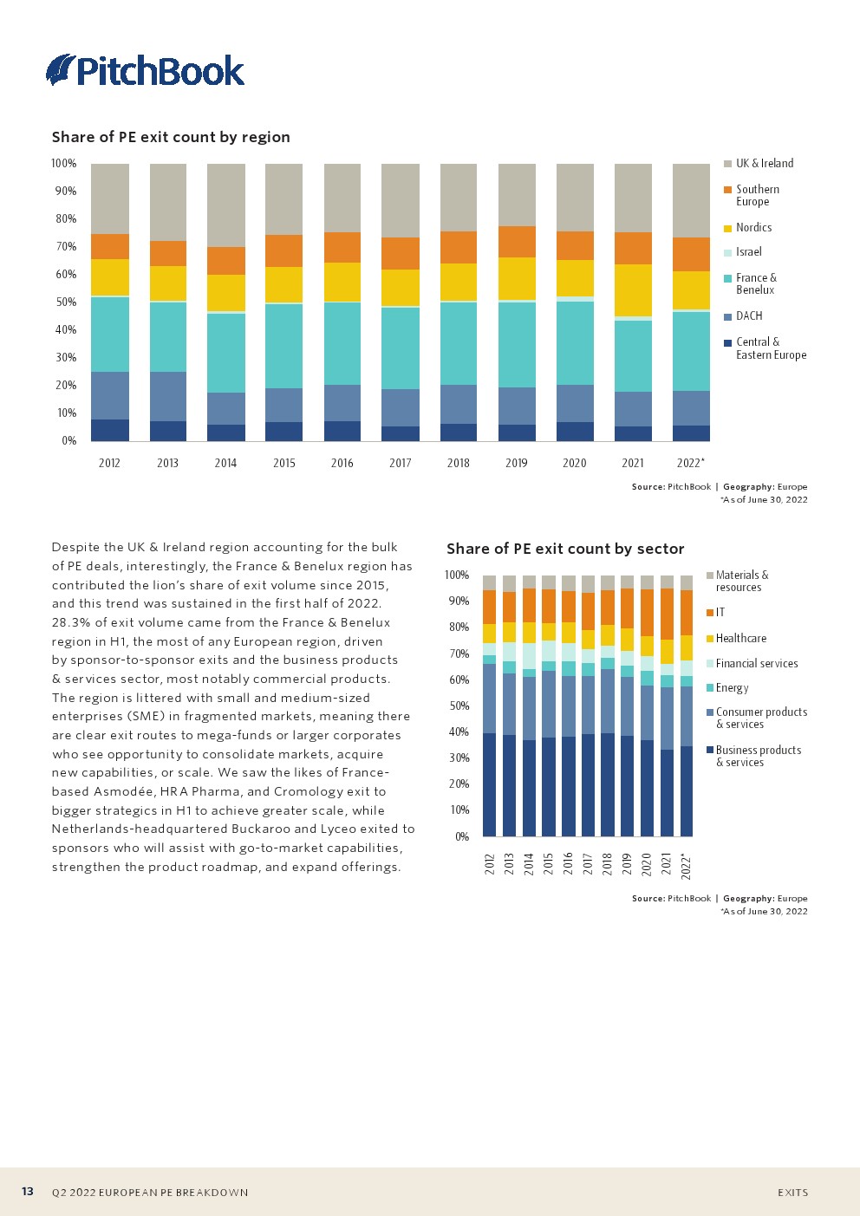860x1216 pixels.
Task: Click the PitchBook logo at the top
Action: point(146,70)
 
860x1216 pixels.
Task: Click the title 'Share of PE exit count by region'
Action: point(171,137)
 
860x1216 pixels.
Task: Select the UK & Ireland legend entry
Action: point(764,163)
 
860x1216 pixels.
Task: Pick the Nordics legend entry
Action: point(753,227)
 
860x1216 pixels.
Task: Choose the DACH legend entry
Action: point(749,315)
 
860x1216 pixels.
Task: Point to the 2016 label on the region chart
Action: point(342,463)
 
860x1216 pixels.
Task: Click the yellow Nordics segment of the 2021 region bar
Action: point(633,290)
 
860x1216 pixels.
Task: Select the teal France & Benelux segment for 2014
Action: point(225,353)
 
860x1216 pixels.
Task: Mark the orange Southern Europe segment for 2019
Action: point(517,242)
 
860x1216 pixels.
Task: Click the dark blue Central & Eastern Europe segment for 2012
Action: point(110,430)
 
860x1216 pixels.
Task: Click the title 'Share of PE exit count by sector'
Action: point(565,549)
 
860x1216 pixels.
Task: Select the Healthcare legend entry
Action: point(740,638)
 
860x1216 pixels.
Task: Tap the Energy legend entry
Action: point(732,687)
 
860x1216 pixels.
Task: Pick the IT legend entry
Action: point(720,612)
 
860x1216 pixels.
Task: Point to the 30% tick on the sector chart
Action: point(457,758)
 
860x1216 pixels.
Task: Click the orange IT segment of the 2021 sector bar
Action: point(667,614)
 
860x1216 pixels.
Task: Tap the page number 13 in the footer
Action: point(28,1192)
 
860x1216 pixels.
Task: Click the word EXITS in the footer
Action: point(792,1193)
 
